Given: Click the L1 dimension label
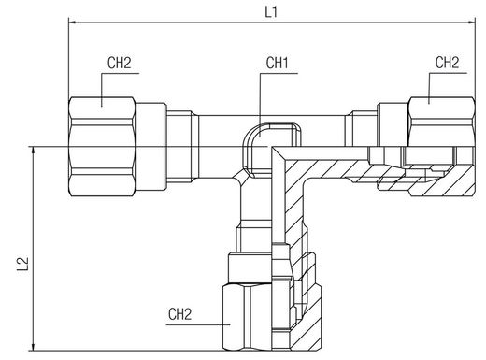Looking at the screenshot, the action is click(x=271, y=12).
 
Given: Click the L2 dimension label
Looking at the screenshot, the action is click(x=23, y=265).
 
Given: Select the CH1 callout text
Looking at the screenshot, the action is click(x=277, y=63).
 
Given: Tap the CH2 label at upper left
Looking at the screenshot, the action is click(x=120, y=63).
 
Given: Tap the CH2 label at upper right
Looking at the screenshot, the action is click(x=447, y=63).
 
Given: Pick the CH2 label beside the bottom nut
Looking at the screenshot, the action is click(x=179, y=314).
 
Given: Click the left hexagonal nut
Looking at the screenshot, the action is click(x=102, y=147).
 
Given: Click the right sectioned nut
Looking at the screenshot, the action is click(x=442, y=147).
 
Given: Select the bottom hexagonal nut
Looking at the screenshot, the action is click(x=272, y=316).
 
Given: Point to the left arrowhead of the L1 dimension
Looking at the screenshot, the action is click(x=72, y=22).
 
